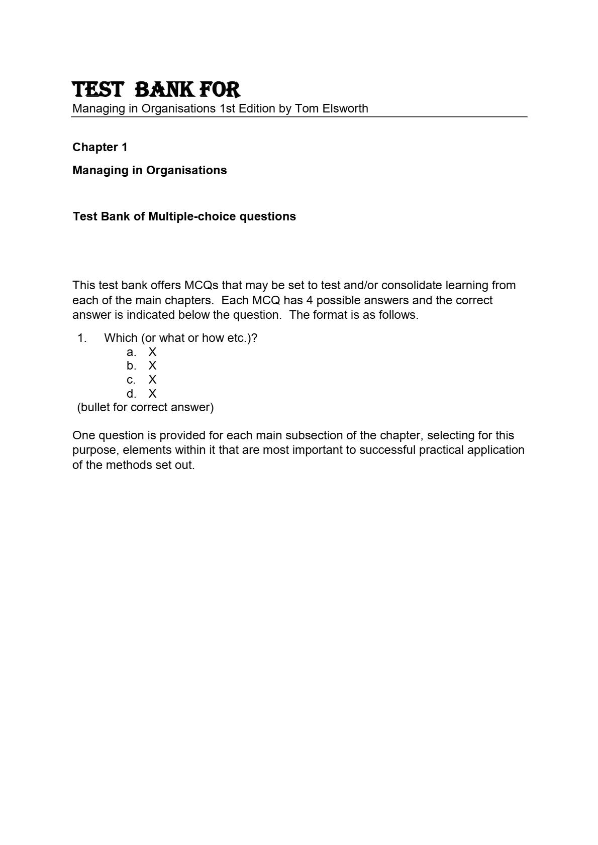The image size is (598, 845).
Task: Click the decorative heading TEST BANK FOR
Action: click(156, 90)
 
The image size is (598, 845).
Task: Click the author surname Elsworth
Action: click(345, 108)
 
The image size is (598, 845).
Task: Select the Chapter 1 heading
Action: click(100, 147)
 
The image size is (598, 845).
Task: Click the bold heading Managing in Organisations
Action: click(150, 170)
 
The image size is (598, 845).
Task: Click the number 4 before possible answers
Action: click(310, 300)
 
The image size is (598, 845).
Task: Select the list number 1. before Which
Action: click(82, 338)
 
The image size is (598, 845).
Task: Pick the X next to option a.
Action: click(152, 352)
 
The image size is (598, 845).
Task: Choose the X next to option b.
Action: click(152, 366)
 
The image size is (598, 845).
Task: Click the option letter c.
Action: click(131, 380)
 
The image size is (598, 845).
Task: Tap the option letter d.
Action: click(131, 394)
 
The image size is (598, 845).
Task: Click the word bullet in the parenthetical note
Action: click(95, 407)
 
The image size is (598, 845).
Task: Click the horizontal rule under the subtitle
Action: click(300, 117)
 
